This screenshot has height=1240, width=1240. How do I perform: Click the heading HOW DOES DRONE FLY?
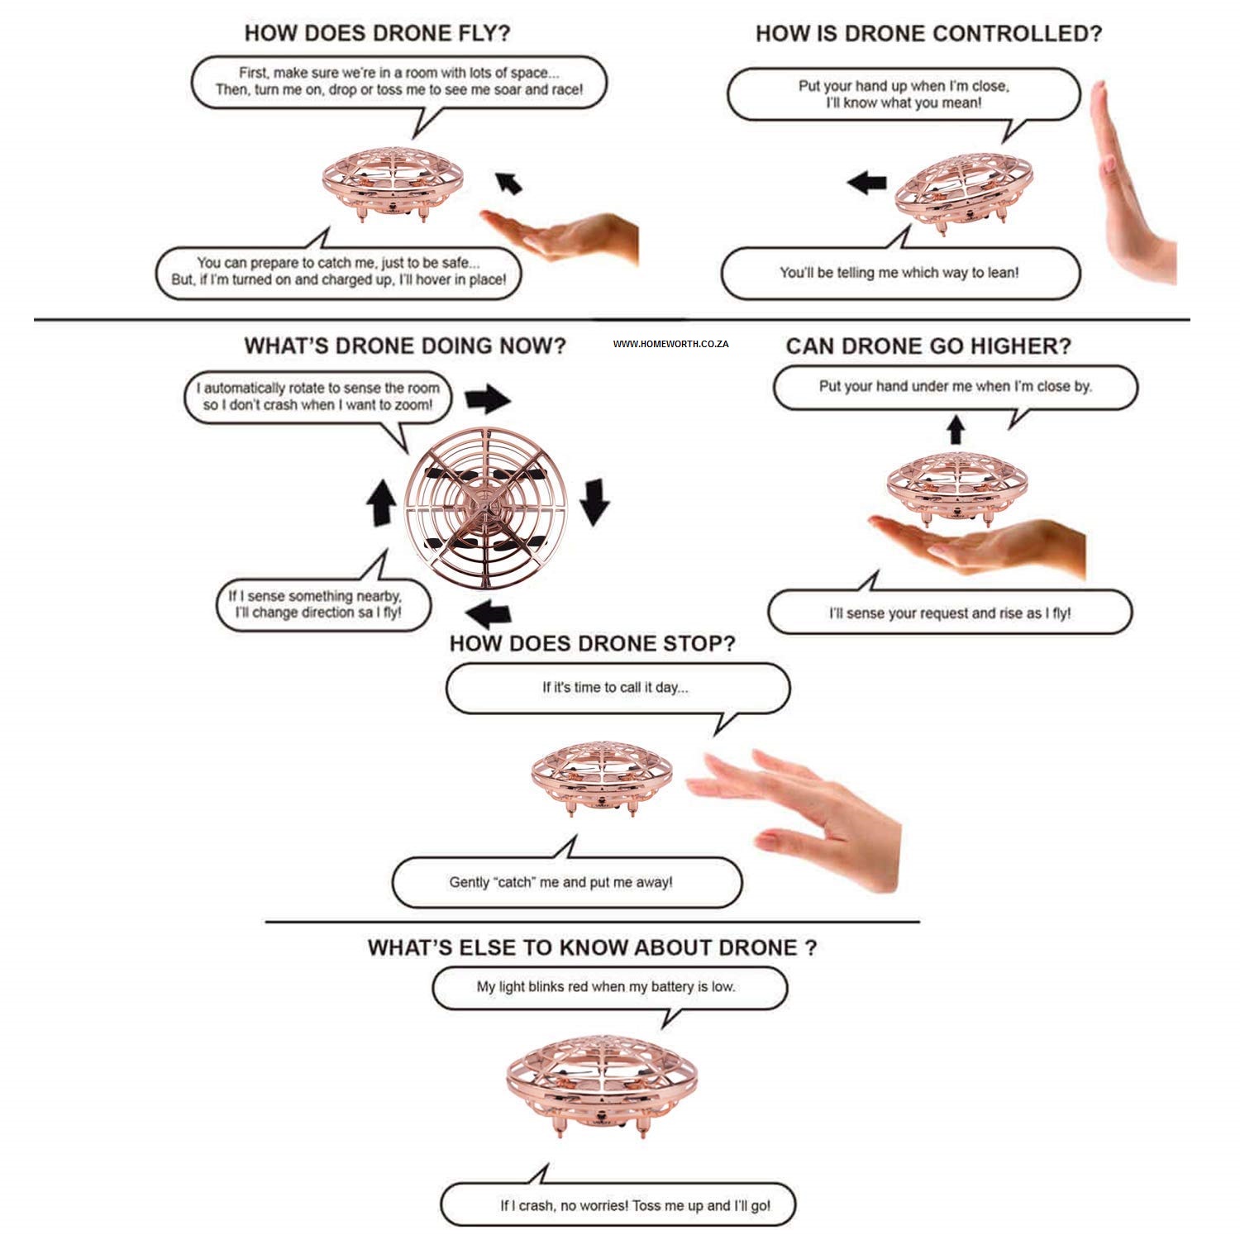pos(377,34)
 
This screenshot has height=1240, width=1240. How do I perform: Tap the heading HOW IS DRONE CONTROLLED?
pos(928,34)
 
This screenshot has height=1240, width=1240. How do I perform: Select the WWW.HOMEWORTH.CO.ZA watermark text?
pos(670,344)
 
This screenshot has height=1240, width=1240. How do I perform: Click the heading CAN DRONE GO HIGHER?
pos(928,346)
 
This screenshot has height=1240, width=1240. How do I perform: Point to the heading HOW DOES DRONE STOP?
pos(592,643)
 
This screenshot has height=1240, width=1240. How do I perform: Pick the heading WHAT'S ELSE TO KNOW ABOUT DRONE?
pos(592,947)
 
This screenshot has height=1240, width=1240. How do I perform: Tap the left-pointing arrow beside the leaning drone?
pos(867,182)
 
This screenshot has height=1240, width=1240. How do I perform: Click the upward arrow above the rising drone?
pos(956,429)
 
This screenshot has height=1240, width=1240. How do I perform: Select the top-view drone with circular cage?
pos(486,507)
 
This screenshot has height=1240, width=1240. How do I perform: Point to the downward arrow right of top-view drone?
pos(594,501)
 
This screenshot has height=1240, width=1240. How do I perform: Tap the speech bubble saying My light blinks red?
pos(608,987)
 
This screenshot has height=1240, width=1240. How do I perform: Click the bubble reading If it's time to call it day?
pos(617,688)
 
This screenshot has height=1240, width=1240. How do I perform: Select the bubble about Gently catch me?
pos(565,882)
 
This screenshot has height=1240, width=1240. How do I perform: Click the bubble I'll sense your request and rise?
pos(949,613)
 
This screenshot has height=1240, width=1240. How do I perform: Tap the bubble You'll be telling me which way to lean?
pos(899,273)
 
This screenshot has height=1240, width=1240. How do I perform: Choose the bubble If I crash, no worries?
pos(618,1205)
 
